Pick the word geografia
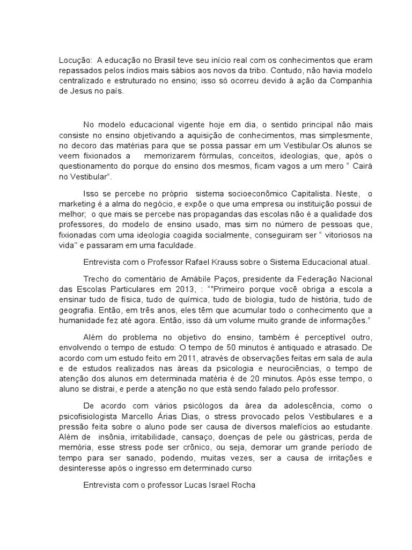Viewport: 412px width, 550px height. click(76, 312)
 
